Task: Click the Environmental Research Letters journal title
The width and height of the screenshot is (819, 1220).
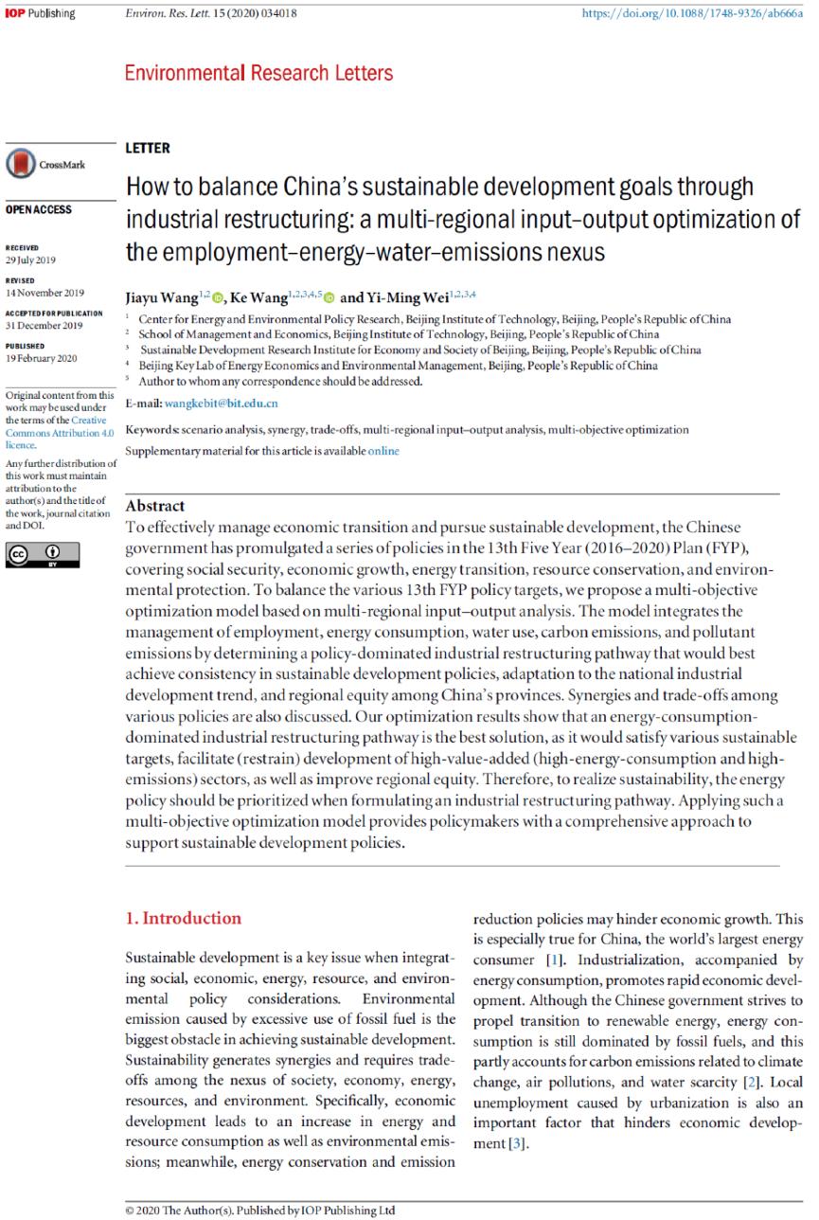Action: tap(258, 73)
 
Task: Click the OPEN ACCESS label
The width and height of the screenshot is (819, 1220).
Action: tap(38, 209)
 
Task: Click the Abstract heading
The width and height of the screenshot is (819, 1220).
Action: tap(155, 506)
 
